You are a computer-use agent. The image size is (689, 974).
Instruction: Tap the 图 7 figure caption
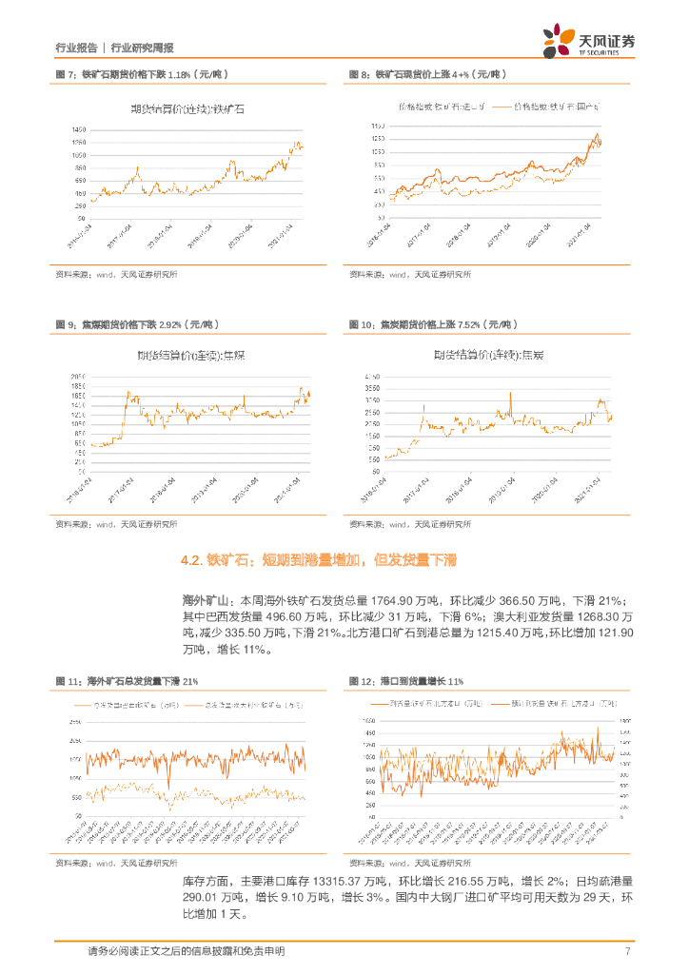coord(142,73)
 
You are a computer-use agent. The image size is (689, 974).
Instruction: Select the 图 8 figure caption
coord(425,73)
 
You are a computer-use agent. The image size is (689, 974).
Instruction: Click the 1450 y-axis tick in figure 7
coord(79,129)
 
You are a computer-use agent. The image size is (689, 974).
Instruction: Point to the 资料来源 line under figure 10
coord(409,524)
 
